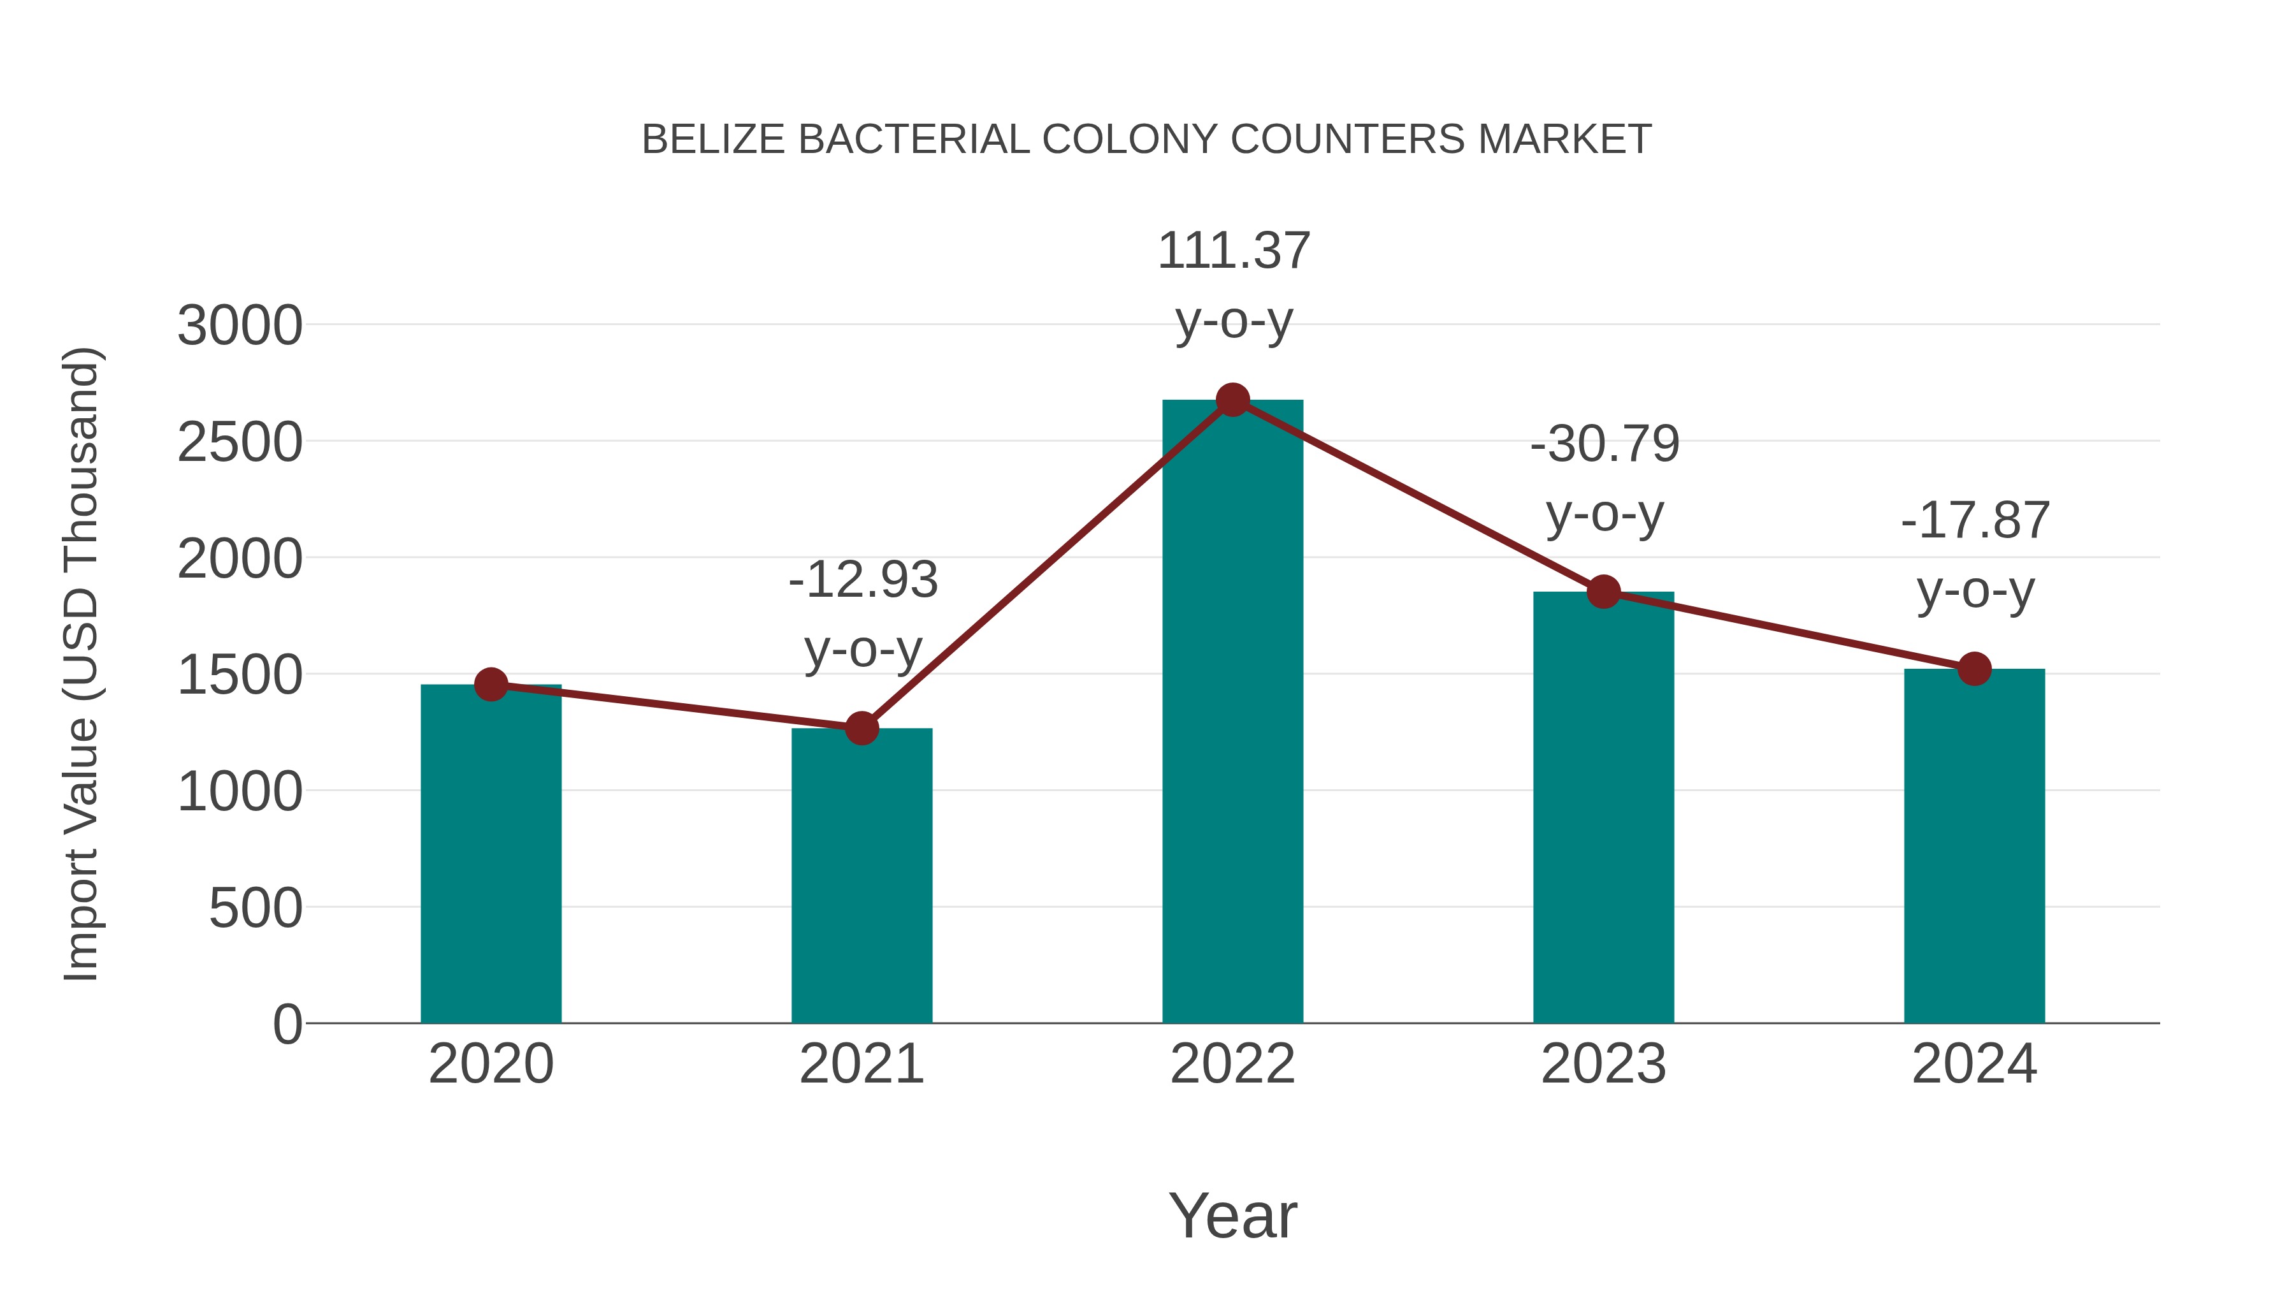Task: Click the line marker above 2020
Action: click(491, 684)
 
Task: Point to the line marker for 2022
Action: click(1232, 400)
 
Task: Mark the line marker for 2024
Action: click(1974, 668)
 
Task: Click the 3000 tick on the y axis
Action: click(240, 325)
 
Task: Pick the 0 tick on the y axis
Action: click(287, 1024)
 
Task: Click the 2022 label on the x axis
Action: click(1232, 1064)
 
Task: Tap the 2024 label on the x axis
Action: click(1974, 1064)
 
